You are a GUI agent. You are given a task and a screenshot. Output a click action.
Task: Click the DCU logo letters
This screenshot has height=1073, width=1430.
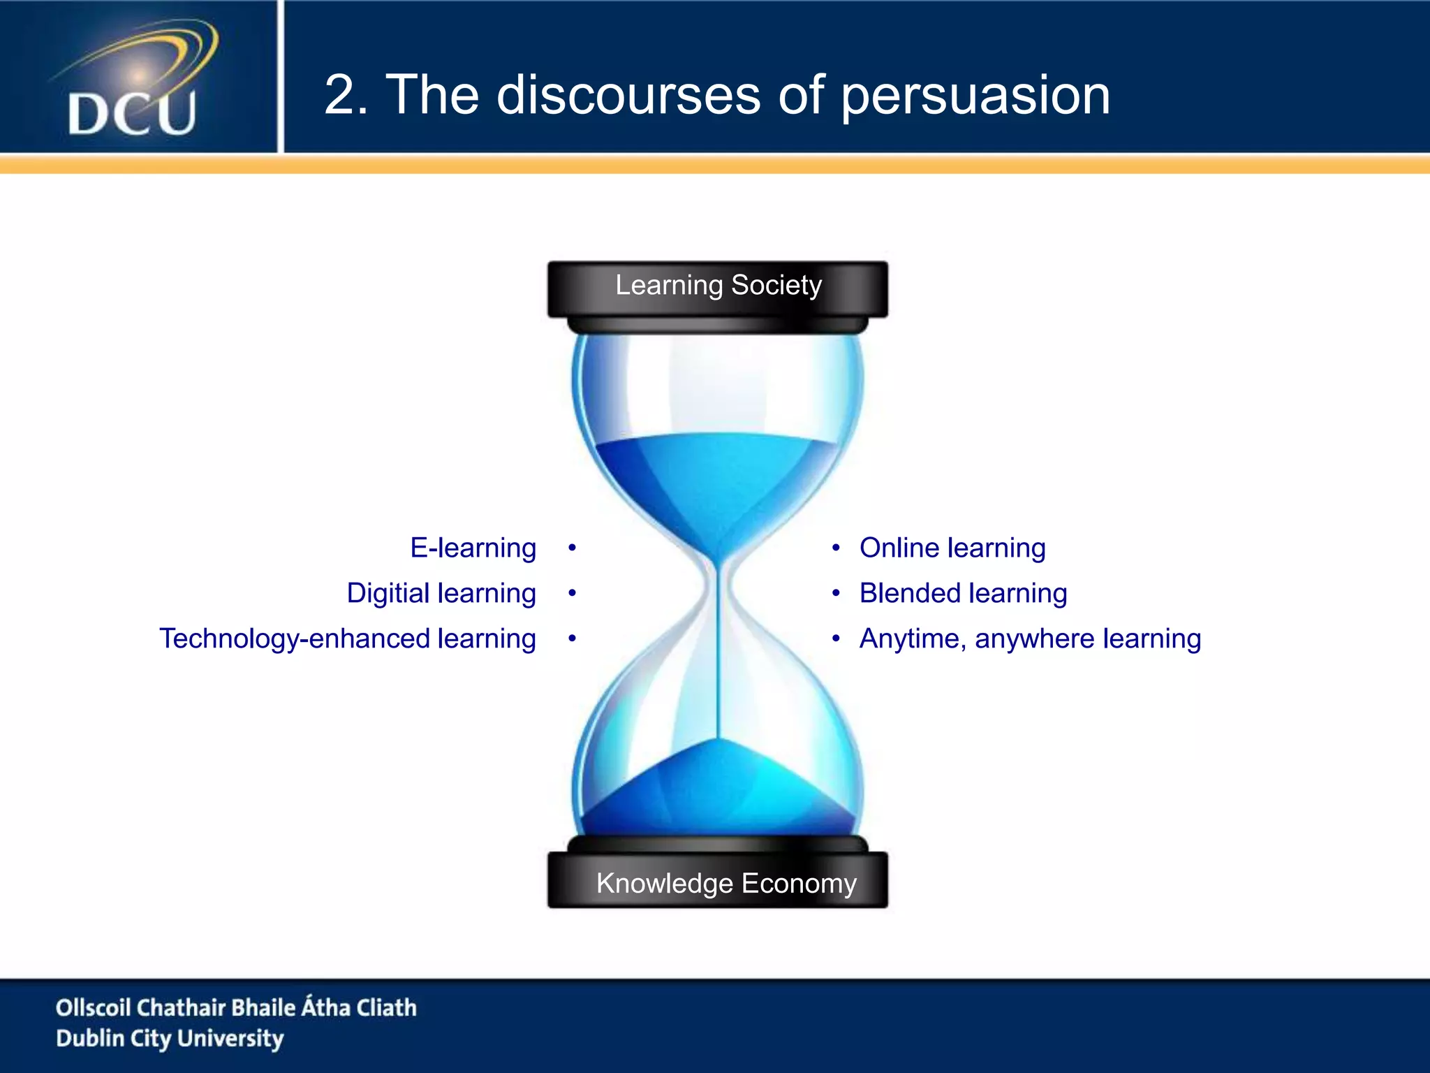[132, 114]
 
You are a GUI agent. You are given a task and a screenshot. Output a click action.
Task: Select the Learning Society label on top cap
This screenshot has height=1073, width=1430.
[718, 286]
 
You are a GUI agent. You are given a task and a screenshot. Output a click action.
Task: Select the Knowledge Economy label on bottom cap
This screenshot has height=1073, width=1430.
[725, 884]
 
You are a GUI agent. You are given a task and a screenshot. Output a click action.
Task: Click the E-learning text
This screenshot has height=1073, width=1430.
[473, 548]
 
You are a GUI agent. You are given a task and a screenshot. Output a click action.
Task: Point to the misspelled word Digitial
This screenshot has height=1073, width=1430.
[388, 593]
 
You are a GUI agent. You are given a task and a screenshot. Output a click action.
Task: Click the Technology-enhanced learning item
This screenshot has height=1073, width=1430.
[347, 638]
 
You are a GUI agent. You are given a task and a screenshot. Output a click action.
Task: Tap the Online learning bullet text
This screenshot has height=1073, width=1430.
[952, 548]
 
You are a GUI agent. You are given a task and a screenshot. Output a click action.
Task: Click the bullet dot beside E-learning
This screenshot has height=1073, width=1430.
[572, 548]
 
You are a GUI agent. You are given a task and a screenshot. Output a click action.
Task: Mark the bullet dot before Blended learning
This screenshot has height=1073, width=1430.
[836, 593]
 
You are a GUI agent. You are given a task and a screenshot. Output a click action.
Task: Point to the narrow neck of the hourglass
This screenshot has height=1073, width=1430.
[718, 580]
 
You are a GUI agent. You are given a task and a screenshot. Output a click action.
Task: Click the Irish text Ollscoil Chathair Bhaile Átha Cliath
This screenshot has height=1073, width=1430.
[236, 1007]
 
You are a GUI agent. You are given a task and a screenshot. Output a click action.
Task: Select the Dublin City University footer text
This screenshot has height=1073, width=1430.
[170, 1038]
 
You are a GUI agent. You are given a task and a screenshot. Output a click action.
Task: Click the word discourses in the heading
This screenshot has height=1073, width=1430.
[628, 96]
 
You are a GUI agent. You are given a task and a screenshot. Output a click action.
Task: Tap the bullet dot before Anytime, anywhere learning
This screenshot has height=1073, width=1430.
[836, 638]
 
